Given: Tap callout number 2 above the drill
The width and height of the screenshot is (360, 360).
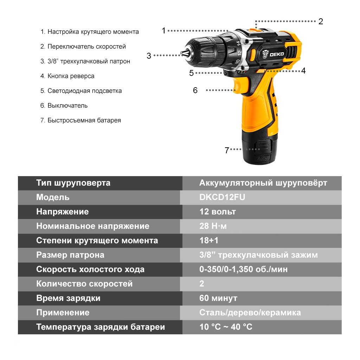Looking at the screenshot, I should point(321,21).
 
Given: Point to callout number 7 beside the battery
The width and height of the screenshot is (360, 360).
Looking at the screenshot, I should point(227,150).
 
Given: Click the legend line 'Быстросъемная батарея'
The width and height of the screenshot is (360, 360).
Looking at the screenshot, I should point(84,120).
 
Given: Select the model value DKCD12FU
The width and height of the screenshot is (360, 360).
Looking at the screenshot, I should point(222,197).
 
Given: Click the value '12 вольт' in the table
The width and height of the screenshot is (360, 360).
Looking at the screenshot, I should point(218,212).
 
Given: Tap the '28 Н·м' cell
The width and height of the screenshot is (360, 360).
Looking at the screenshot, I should point(213,226).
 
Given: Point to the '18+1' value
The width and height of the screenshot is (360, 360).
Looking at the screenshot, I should point(209,240).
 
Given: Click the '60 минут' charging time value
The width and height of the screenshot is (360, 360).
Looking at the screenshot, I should point(218,298).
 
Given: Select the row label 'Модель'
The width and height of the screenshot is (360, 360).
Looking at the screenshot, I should point(53,197).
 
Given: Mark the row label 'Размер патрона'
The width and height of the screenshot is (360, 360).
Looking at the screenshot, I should point(70,255).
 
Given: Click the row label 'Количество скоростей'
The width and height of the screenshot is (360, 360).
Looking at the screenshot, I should point(84,284).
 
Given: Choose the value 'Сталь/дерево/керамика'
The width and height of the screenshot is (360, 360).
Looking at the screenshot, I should point(250,313).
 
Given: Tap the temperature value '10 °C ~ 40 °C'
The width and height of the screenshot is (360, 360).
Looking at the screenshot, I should point(226,327).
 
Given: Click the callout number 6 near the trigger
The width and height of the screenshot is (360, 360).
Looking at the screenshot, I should point(195,90).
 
